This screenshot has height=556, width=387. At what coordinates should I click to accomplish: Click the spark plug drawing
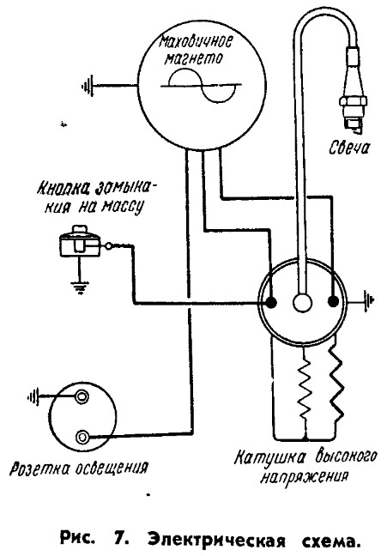353,88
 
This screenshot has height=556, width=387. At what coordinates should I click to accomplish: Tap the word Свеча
348,148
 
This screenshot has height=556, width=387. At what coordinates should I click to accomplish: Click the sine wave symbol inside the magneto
202,85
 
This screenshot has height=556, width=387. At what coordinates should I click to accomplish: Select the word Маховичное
196,43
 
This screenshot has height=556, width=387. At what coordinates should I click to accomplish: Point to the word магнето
195,58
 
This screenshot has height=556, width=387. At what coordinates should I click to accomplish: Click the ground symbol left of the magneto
88,86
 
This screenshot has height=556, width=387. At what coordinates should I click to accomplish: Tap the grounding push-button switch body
80,241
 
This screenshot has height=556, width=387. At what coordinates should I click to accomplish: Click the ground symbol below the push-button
80,287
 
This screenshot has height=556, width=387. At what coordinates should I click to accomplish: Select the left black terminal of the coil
271,302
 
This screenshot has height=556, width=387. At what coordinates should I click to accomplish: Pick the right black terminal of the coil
333,302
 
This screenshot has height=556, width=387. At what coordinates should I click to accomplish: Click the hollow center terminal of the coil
302,304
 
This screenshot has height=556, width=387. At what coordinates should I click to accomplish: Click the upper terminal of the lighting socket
82,396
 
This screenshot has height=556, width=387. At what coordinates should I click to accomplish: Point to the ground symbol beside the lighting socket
33,396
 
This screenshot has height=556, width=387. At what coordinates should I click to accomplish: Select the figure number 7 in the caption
121,541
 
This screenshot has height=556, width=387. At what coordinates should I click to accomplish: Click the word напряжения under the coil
304,477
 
